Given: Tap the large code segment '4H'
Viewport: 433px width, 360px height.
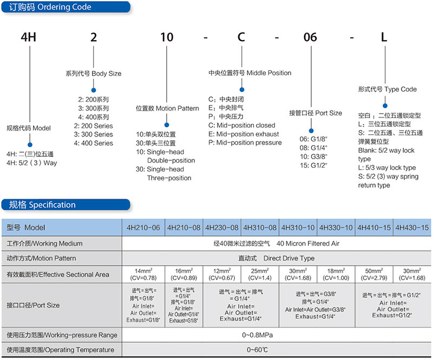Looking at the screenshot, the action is [x=29, y=37].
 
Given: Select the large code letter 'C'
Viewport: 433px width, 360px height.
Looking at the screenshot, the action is [x=241, y=37].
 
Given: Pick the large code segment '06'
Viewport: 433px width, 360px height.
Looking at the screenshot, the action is [x=310, y=37].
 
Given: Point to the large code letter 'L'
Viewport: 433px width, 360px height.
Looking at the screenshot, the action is [x=384, y=37].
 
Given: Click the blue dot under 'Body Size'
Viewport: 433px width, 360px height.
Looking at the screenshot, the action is [x=94, y=90].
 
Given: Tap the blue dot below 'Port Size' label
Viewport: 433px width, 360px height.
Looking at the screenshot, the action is [x=311, y=130].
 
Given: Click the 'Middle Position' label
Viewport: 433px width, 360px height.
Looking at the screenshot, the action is [x=268, y=73].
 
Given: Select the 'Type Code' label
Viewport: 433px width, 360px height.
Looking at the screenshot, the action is [x=401, y=89].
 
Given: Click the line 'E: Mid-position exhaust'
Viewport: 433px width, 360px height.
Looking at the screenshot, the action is [x=244, y=134].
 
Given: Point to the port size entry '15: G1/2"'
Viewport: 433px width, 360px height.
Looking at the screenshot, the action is [x=313, y=165].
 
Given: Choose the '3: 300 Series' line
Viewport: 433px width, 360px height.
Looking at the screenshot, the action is [x=93, y=134].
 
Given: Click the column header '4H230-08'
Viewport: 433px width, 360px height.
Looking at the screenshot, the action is [x=222, y=228].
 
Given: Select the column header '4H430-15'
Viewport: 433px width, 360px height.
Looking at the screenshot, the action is [x=412, y=228].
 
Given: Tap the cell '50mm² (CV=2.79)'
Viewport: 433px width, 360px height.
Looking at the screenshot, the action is [x=374, y=274].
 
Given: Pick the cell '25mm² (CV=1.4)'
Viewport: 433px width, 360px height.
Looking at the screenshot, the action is [x=260, y=274].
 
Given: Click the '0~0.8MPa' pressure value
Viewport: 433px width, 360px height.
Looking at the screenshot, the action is [x=258, y=335].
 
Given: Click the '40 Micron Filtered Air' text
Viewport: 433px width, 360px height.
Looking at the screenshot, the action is [x=308, y=244].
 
